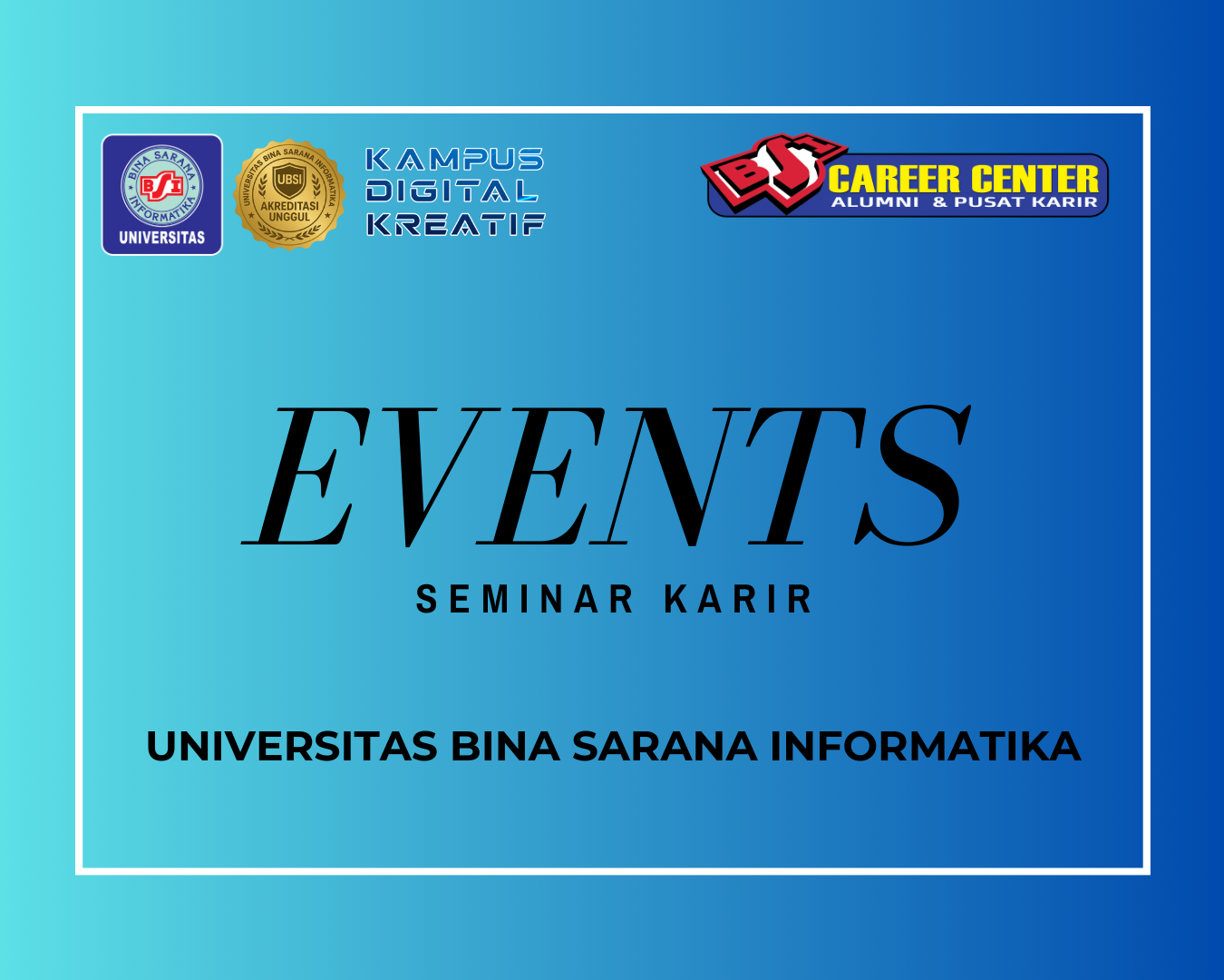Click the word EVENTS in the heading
[x=607, y=476]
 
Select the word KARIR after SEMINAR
[x=738, y=599]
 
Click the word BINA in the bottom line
[x=505, y=746]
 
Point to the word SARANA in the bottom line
[x=665, y=746]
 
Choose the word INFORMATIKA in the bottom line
[x=926, y=746]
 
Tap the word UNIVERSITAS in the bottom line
[x=292, y=746]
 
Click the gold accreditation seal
[x=289, y=194]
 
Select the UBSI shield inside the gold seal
[x=289, y=181]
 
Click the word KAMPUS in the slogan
[x=454, y=159]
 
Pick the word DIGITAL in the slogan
[x=452, y=191]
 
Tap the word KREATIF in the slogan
[x=455, y=224]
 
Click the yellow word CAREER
[x=894, y=179]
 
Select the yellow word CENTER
[x=1035, y=179]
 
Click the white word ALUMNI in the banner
[x=875, y=202]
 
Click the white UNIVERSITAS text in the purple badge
[x=162, y=238]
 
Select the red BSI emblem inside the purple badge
[x=162, y=186]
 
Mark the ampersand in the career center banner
[x=939, y=202]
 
